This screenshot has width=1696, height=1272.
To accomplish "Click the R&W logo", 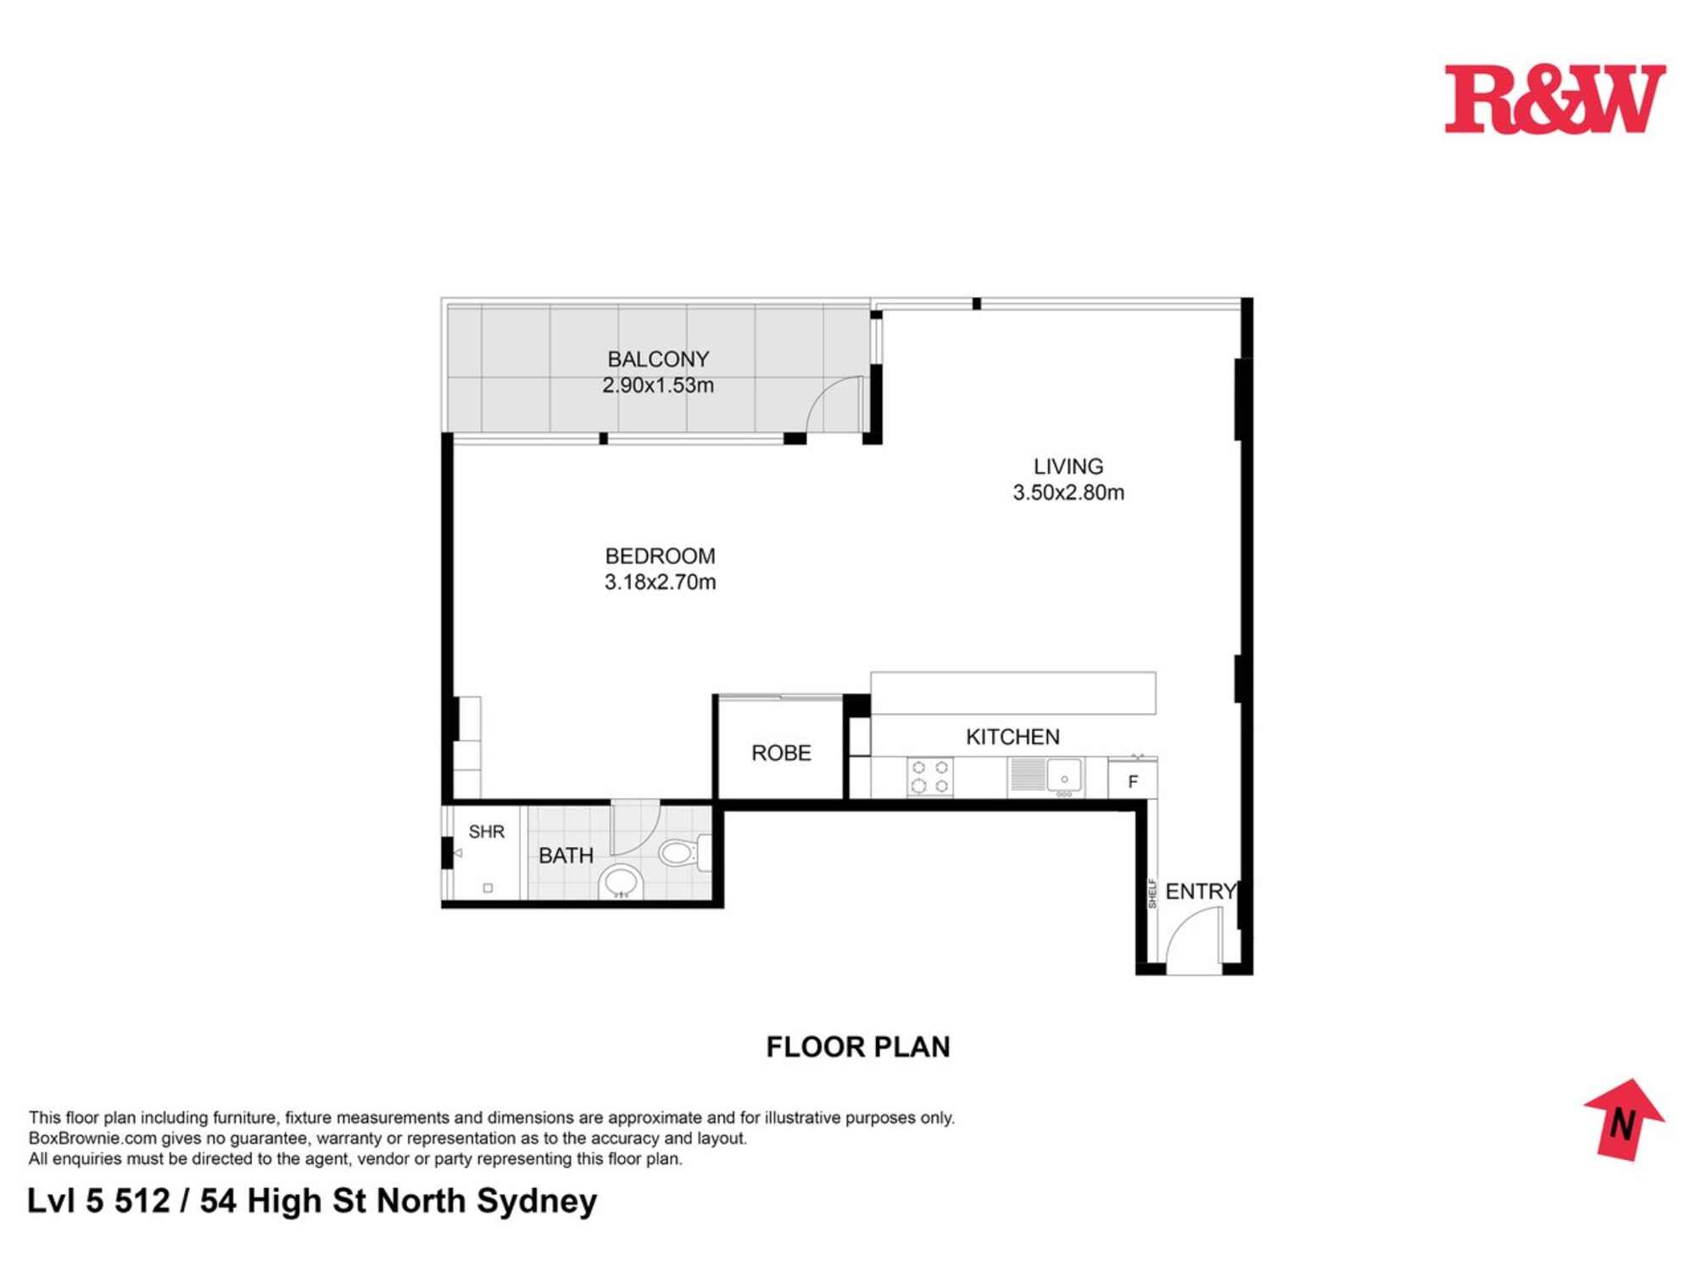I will coord(1554,99).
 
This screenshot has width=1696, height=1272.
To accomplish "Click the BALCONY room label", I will coord(658,360).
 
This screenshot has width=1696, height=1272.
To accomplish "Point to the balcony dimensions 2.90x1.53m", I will coord(658,385).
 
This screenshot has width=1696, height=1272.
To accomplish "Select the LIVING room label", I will coord(1068,466).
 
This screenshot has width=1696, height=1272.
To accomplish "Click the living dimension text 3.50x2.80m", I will coord(1068,493).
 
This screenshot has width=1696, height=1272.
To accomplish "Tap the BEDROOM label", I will coord(660,556).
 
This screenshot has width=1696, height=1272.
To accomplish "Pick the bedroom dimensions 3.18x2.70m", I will coord(660,583).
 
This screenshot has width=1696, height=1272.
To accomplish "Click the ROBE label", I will coord(781,753).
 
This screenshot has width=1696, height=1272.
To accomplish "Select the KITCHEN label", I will coord(1013,737).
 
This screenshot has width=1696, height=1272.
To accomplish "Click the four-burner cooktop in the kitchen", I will coord(929,777).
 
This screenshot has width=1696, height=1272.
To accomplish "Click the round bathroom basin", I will coord(622,882).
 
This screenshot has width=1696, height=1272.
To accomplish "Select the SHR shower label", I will coord(486,832).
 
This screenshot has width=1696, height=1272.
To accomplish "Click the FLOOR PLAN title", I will coord(857,1047).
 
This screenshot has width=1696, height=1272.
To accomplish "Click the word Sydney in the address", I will coord(536,1202).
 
